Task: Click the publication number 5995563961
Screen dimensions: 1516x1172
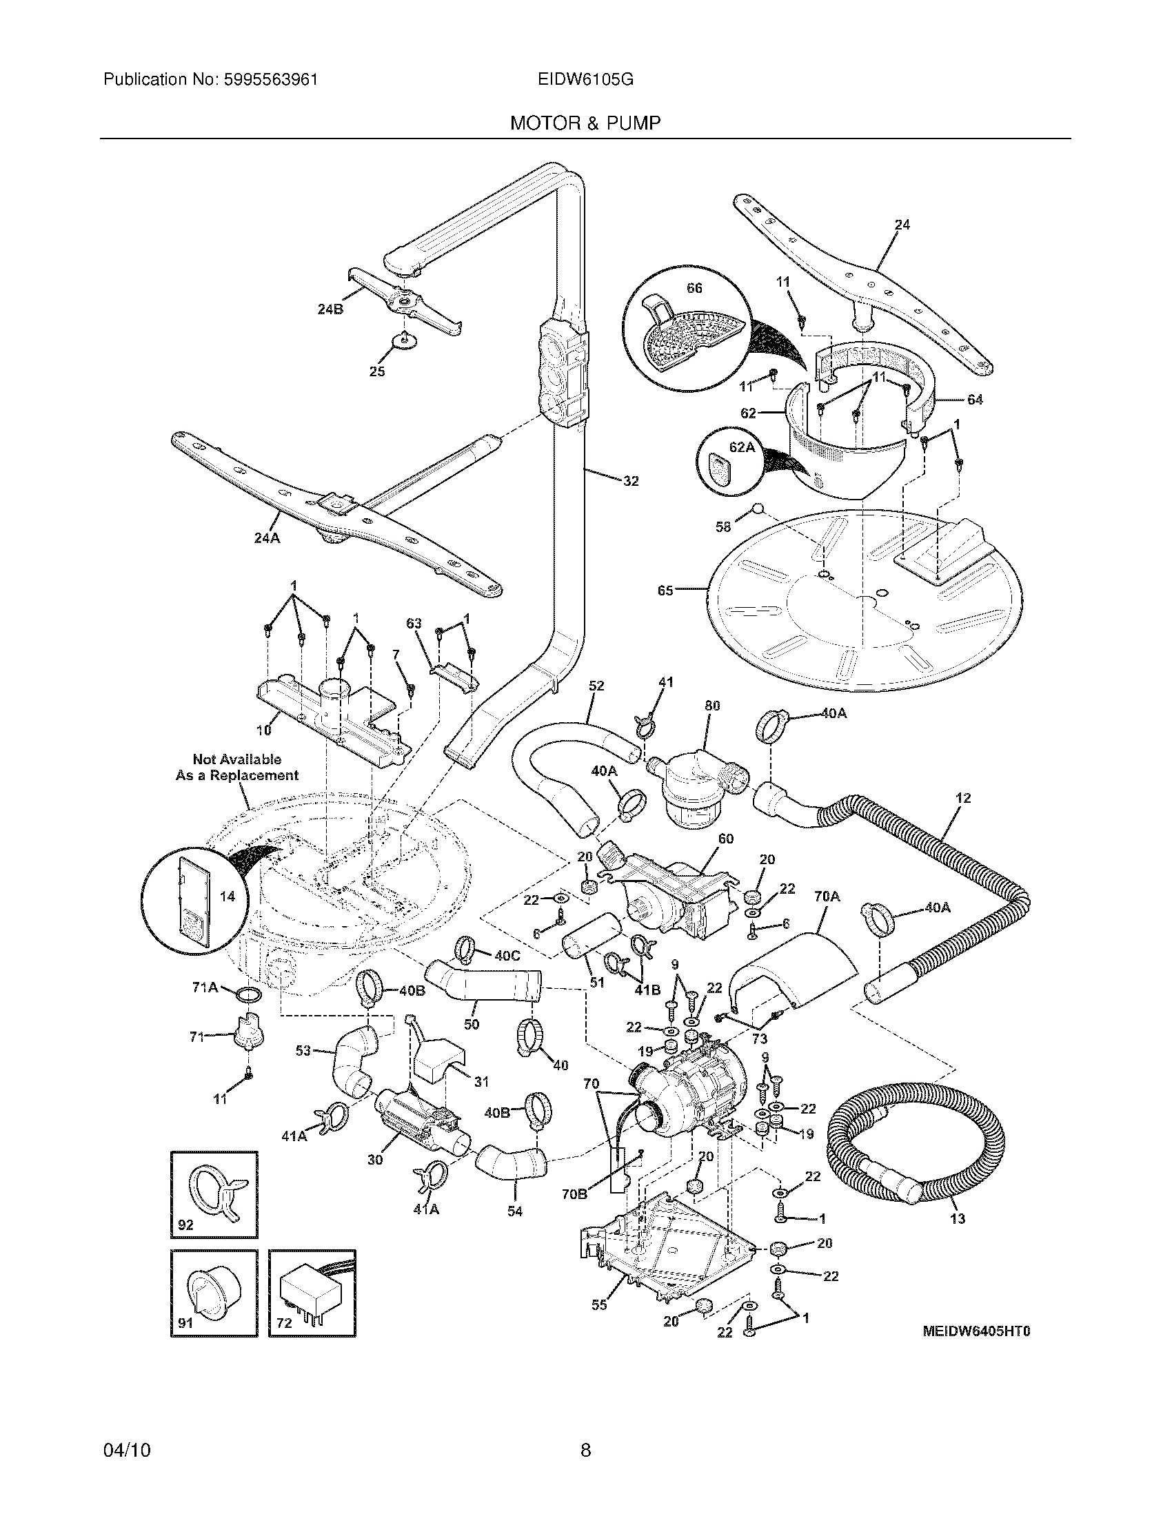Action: [271, 80]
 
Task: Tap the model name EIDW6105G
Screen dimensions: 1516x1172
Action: [585, 80]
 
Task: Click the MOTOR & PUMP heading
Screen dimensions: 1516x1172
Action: [585, 123]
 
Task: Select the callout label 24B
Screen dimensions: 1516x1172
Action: [330, 309]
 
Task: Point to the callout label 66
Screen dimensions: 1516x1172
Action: [694, 288]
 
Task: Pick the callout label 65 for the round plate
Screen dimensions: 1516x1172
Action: [665, 591]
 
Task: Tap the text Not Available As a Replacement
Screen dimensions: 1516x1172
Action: [236, 767]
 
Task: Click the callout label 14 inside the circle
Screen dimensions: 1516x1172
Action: [227, 896]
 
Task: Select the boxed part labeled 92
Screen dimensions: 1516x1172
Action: [214, 1194]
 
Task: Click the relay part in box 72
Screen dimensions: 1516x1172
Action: [312, 1293]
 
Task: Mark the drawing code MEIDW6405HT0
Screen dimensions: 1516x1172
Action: [976, 1331]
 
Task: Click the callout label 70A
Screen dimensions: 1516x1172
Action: [826, 897]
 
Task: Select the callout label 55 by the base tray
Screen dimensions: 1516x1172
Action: [599, 1305]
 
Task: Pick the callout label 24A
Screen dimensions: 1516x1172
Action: [267, 537]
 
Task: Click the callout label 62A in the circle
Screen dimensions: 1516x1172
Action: [742, 447]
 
